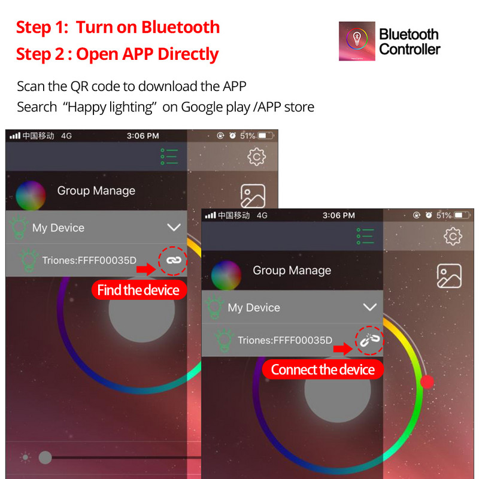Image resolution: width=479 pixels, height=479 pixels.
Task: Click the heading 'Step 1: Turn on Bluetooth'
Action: click(x=118, y=27)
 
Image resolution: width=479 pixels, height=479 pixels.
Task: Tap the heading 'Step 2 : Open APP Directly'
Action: click(x=117, y=54)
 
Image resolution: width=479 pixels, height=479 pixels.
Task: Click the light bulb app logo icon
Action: click(x=357, y=41)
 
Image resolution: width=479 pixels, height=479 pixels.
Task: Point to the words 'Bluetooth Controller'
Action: click(x=410, y=41)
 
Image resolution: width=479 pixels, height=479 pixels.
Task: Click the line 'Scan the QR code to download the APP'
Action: click(x=132, y=86)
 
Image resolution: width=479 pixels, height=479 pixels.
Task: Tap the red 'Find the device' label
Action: click(x=138, y=290)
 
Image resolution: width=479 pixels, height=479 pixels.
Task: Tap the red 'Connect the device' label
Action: click(x=323, y=369)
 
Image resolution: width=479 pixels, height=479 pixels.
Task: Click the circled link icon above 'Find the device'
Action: click(x=173, y=260)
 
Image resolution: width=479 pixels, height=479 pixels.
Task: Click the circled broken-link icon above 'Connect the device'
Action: click(x=369, y=339)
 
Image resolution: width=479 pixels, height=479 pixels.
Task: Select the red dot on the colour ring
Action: click(x=427, y=381)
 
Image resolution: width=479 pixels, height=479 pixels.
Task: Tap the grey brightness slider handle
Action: click(x=45, y=458)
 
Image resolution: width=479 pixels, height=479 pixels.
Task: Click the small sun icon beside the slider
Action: click(x=25, y=458)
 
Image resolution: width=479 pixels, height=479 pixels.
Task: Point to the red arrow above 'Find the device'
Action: click(x=145, y=270)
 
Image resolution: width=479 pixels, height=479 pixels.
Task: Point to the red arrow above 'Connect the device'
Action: click(x=342, y=349)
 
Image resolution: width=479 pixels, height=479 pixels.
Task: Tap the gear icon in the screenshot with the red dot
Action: click(x=453, y=237)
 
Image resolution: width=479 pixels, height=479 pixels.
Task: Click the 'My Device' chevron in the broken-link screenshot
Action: click(x=370, y=307)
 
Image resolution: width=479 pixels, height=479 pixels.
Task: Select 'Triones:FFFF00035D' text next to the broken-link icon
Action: click(x=284, y=340)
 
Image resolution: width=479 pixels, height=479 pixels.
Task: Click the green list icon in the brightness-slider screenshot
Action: click(x=169, y=156)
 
